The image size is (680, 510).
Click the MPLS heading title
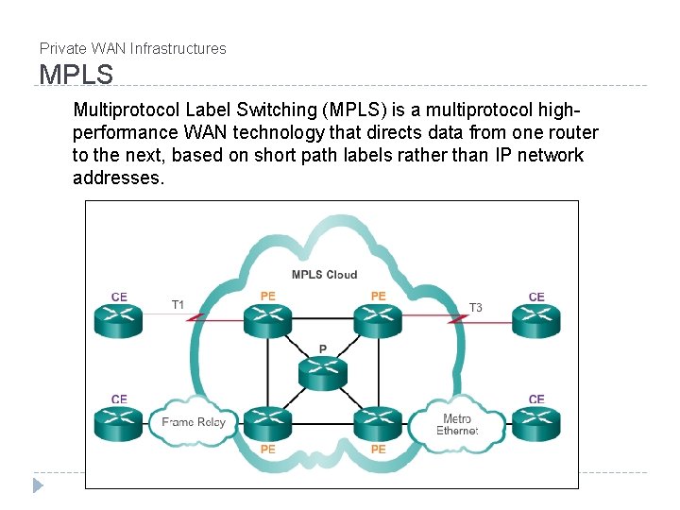(x=76, y=74)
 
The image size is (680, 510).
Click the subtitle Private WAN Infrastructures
(x=132, y=48)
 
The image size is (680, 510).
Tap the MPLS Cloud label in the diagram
(x=324, y=275)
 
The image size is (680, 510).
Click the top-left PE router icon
(x=268, y=320)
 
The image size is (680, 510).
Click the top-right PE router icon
(x=378, y=320)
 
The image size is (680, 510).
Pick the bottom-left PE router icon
(x=268, y=423)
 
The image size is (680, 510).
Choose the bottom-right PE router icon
(x=378, y=423)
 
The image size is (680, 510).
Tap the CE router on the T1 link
(x=119, y=320)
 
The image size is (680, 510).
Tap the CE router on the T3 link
(x=536, y=320)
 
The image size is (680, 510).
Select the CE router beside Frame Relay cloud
(x=119, y=423)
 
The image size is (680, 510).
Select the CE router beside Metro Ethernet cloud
(x=536, y=423)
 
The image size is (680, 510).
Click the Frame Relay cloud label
(x=194, y=422)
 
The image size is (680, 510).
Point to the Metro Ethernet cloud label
(x=457, y=424)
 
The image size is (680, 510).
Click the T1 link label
(x=178, y=305)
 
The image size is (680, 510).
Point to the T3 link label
(x=476, y=307)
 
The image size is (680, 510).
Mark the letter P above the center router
(x=323, y=349)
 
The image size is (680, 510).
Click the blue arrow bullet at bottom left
(x=38, y=485)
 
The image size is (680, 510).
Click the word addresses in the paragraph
(x=117, y=178)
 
